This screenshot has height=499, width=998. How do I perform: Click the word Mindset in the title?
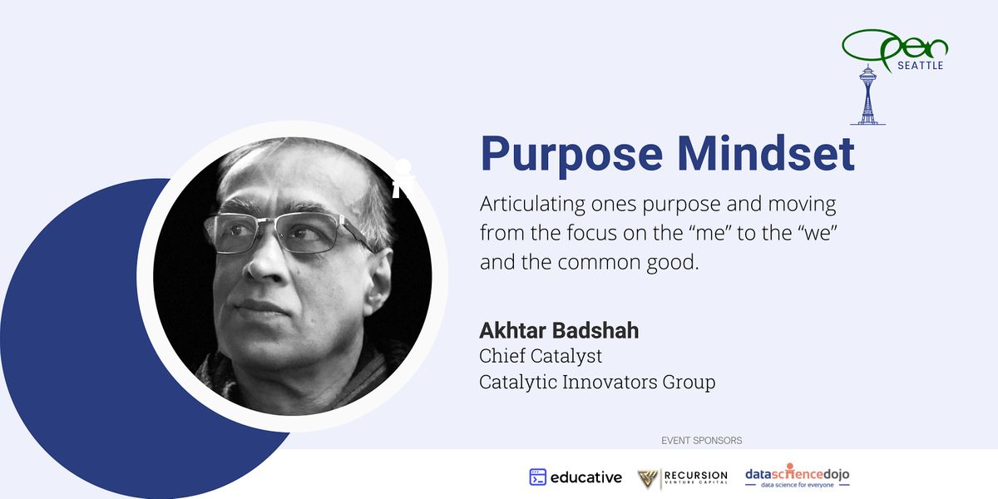pos(765,154)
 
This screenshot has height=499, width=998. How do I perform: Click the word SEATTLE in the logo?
pos(920,65)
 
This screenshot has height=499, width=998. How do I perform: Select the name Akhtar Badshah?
pos(559,330)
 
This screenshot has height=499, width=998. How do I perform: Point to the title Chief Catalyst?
pos(541,356)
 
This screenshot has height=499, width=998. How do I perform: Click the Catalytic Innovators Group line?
pos(597,383)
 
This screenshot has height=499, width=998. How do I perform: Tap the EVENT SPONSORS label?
pos(701,440)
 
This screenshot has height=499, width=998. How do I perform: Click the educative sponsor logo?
pos(576,477)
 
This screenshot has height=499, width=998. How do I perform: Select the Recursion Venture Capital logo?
pos(682,477)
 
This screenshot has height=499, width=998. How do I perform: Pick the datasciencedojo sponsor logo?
pos(797,477)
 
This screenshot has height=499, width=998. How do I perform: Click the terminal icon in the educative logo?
pos(538,477)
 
